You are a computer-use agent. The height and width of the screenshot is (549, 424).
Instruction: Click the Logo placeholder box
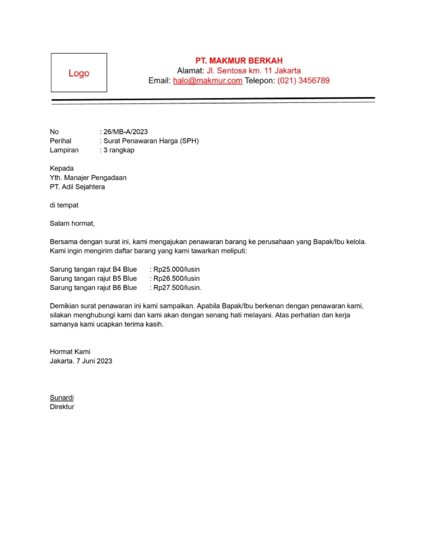79,73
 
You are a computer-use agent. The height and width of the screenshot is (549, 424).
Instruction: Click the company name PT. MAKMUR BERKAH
239,61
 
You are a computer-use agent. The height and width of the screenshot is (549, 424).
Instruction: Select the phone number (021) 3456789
303,81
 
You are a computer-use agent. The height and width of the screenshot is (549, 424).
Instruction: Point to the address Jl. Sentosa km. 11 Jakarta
254,71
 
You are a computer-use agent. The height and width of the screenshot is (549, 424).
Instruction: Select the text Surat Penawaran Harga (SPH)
152,141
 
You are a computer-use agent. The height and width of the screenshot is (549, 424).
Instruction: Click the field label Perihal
61,141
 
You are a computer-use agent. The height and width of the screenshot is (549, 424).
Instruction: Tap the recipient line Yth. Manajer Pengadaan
88,177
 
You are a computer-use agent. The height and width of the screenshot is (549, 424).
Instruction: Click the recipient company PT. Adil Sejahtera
77,187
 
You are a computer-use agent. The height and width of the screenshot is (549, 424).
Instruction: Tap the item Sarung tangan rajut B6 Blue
93,287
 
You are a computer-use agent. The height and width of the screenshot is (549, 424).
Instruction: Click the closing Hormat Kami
70,352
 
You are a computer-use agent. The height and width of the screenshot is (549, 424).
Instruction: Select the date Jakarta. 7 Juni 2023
81,361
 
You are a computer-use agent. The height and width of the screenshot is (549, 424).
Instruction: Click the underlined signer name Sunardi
62,397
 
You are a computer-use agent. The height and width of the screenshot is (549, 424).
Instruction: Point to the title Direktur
62,406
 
